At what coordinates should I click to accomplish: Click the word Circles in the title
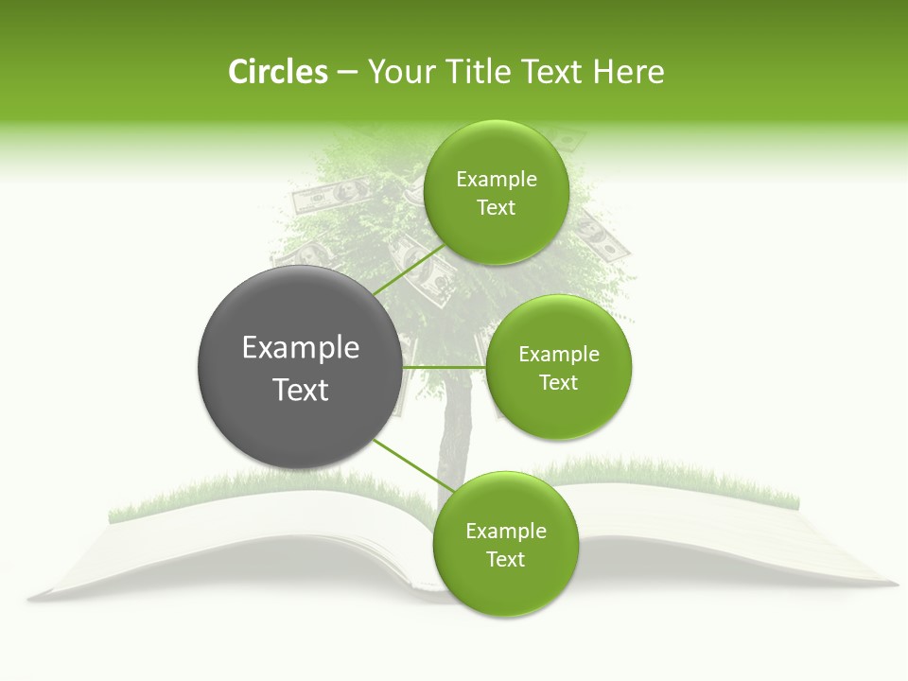tap(277, 72)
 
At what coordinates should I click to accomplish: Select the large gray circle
tap(300, 367)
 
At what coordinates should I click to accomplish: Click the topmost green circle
tap(496, 192)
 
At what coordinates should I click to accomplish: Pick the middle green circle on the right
tap(558, 367)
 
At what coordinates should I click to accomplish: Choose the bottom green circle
tap(505, 544)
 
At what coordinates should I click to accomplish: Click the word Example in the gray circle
tap(301, 348)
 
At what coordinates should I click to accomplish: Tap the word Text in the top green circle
tap(496, 208)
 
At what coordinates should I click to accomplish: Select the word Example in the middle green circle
tap(558, 355)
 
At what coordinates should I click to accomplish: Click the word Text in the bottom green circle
tap(505, 560)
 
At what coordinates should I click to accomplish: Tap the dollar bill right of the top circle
tap(602, 236)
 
